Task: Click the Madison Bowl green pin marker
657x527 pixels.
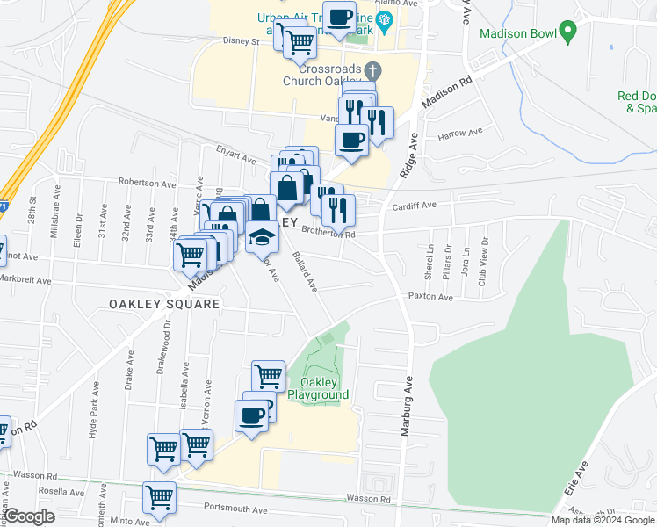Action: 568,33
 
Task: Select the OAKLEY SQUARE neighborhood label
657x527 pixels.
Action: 164,303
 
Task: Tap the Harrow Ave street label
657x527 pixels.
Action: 460,134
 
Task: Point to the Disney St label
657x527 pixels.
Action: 242,41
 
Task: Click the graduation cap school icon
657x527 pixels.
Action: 262,237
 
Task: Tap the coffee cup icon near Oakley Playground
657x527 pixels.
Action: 251,415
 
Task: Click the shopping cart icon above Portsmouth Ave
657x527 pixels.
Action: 160,498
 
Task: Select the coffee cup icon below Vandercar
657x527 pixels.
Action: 351,140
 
